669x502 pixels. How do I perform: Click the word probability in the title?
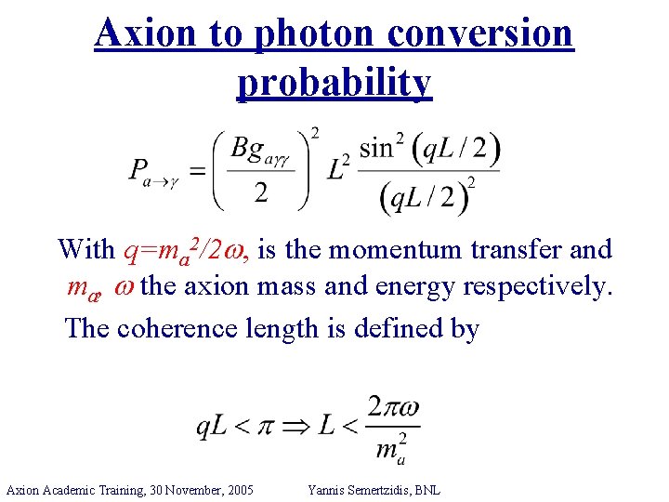coord(334,83)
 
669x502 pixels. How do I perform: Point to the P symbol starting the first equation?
coord(139,173)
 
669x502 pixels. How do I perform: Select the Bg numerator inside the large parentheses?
coord(263,149)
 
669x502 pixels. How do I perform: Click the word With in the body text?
coord(85,250)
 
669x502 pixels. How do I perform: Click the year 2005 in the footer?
coord(238,489)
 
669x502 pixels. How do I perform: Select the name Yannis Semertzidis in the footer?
coord(358,489)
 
